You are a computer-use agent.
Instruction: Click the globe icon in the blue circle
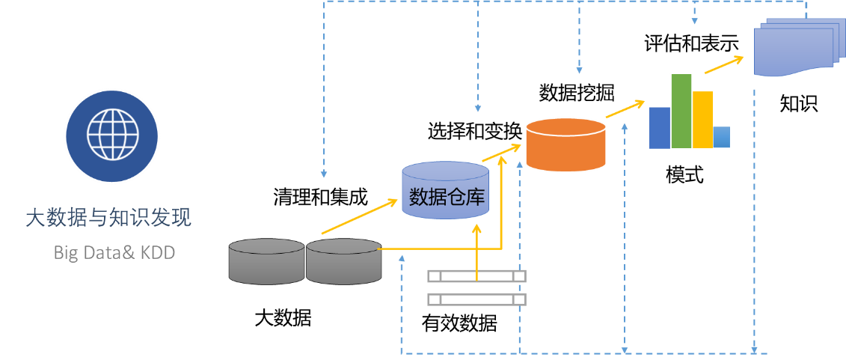pyautogui.click(x=111, y=135)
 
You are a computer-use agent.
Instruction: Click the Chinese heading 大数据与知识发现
pyautogui.click(x=108, y=219)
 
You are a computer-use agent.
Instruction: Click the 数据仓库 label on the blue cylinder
pyautogui.click(x=445, y=198)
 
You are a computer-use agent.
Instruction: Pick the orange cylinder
pyautogui.click(x=565, y=144)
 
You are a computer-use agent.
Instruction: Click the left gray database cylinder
pyautogui.click(x=266, y=261)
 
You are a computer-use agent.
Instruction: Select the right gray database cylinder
pyautogui.click(x=344, y=261)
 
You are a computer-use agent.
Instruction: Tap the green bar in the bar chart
pyautogui.click(x=681, y=111)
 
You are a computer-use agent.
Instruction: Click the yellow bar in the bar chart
pyautogui.click(x=703, y=120)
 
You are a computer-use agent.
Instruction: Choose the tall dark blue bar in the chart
pyautogui.click(x=659, y=128)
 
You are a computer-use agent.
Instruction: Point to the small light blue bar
pyautogui.click(x=722, y=138)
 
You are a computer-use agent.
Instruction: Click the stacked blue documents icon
pyautogui.click(x=794, y=49)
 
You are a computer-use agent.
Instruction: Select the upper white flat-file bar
pyautogui.click(x=476, y=276)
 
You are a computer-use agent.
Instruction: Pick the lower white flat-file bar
pyautogui.click(x=476, y=299)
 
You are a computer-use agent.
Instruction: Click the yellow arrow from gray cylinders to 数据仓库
pyautogui.click(x=359, y=218)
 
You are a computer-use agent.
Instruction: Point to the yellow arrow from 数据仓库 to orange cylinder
pyautogui.click(x=500, y=153)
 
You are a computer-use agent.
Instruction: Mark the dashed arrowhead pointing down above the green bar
pyautogui.click(x=695, y=21)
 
